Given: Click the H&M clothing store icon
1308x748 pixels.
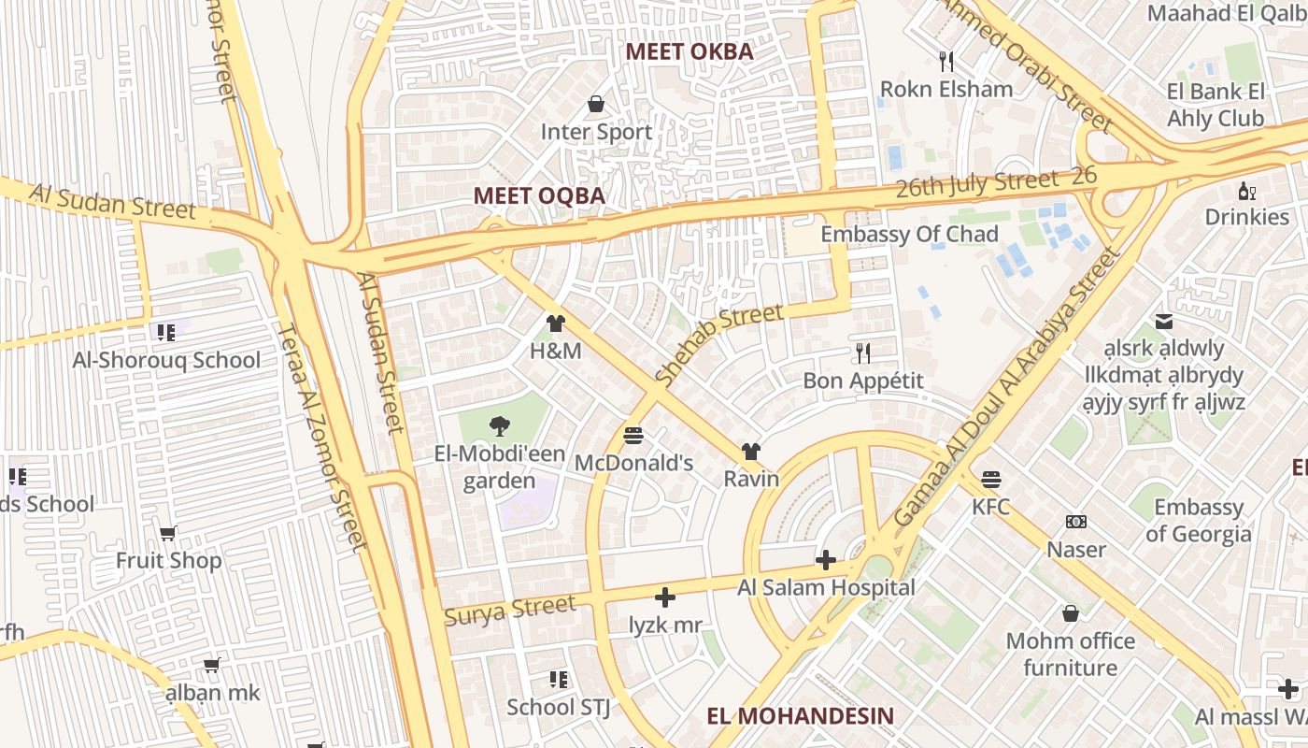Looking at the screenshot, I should [x=556, y=324].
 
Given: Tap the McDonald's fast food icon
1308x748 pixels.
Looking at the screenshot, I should [x=633, y=435].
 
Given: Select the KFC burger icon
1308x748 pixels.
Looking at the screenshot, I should [x=991, y=480].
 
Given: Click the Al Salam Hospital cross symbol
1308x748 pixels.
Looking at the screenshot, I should [x=825, y=560].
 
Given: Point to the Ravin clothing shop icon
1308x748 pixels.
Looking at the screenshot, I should [x=751, y=452].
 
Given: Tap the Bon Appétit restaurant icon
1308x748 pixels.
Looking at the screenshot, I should [x=863, y=352].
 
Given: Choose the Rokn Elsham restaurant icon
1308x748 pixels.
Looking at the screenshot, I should [x=946, y=62].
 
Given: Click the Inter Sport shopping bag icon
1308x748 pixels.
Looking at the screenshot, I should [x=596, y=104].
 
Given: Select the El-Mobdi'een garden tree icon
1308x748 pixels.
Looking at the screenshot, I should [x=500, y=426].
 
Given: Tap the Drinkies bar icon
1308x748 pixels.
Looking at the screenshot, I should [x=1246, y=191].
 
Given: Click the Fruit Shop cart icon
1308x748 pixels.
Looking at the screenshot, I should [x=168, y=533].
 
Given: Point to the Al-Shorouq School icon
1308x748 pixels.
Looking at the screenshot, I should [x=166, y=332].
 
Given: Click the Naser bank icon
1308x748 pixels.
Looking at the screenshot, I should [x=1076, y=522].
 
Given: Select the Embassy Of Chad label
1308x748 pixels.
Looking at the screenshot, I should [x=909, y=234].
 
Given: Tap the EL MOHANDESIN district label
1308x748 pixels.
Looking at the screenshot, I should [x=800, y=716].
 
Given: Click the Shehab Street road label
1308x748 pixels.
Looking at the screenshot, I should [x=718, y=345].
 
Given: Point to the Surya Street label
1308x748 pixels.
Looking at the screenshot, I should [x=510, y=611].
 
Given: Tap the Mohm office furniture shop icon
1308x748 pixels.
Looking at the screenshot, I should [x=1071, y=613].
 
